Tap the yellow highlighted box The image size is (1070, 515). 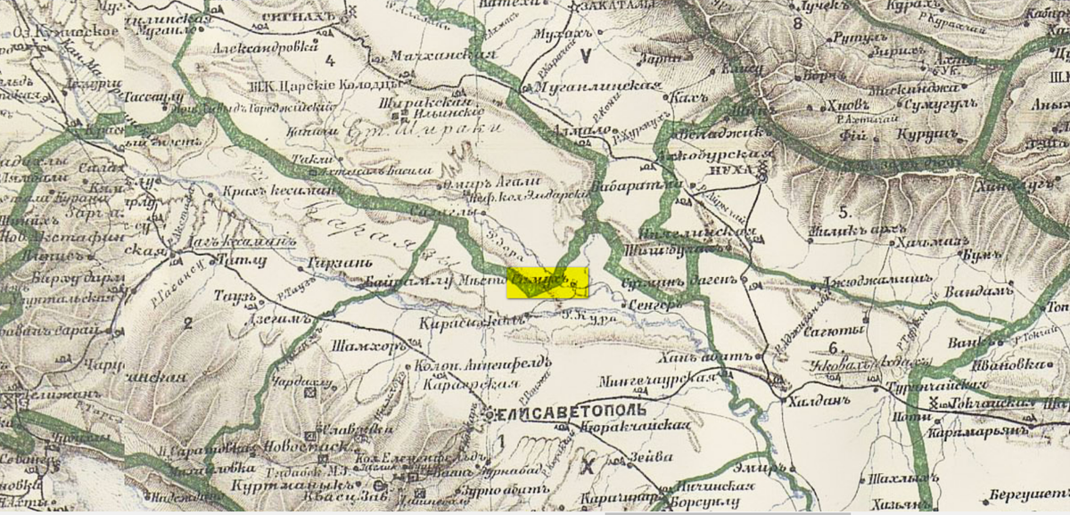tap(547, 282)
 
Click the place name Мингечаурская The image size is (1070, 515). tap(663, 378)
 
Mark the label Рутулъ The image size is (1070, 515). tap(853, 38)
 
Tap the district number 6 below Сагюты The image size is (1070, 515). tap(833, 348)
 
